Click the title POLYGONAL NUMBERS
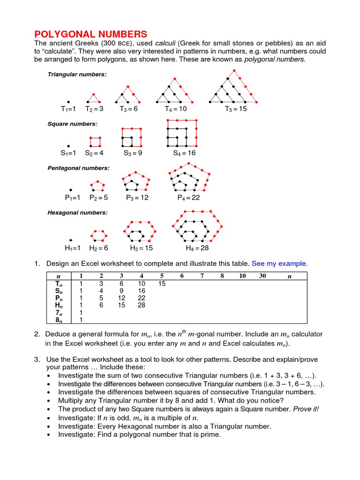click(91, 34)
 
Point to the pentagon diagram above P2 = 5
click(97, 186)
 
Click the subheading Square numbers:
click(72, 124)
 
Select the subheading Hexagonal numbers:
click(77, 212)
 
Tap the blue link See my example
click(279, 263)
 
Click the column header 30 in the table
click(262, 276)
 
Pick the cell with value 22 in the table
click(142, 298)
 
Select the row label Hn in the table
click(59, 305)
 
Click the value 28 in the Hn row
click(142, 305)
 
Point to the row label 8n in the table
click(59, 320)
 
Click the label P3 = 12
click(137, 198)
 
